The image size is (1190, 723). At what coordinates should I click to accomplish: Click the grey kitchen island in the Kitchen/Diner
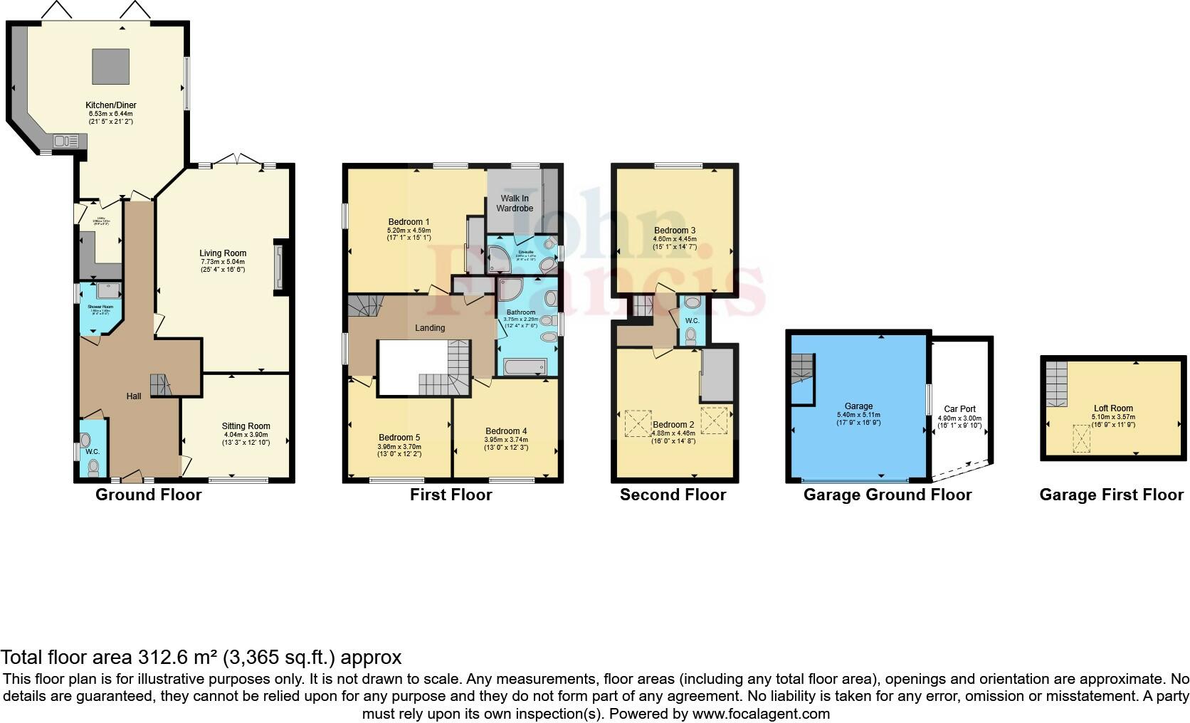pos(110,67)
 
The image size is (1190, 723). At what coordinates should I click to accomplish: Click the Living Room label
pos(223,253)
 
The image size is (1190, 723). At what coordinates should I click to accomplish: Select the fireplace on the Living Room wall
pos(279,268)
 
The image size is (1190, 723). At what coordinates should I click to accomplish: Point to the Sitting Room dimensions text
pos(246,438)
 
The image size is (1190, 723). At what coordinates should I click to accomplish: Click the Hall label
pos(134,396)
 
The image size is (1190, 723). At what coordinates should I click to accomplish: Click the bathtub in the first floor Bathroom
pos(525,367)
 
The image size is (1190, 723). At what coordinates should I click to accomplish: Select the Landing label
pos(430,328)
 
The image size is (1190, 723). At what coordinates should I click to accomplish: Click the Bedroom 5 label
pos(399,438)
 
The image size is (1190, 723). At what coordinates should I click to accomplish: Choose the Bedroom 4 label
pos(506,431)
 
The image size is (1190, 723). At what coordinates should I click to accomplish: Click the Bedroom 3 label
pos(675,231)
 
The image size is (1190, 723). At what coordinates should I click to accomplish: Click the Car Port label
pos(959,409)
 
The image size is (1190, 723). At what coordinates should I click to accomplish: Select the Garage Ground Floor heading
pos(887,495)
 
